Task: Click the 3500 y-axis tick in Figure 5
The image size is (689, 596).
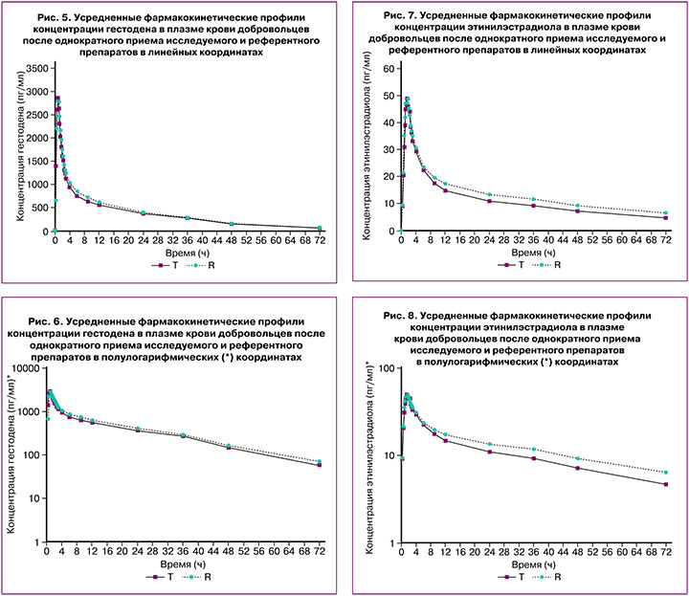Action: click(x=37, y=69)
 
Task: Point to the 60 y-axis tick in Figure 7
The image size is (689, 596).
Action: click(x=388, y=69)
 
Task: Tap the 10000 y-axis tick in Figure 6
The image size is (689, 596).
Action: click(x=32, y=366)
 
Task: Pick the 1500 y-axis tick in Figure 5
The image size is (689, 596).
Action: click(x=37, y=162)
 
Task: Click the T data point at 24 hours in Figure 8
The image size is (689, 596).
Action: click(x=489, y=452)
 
